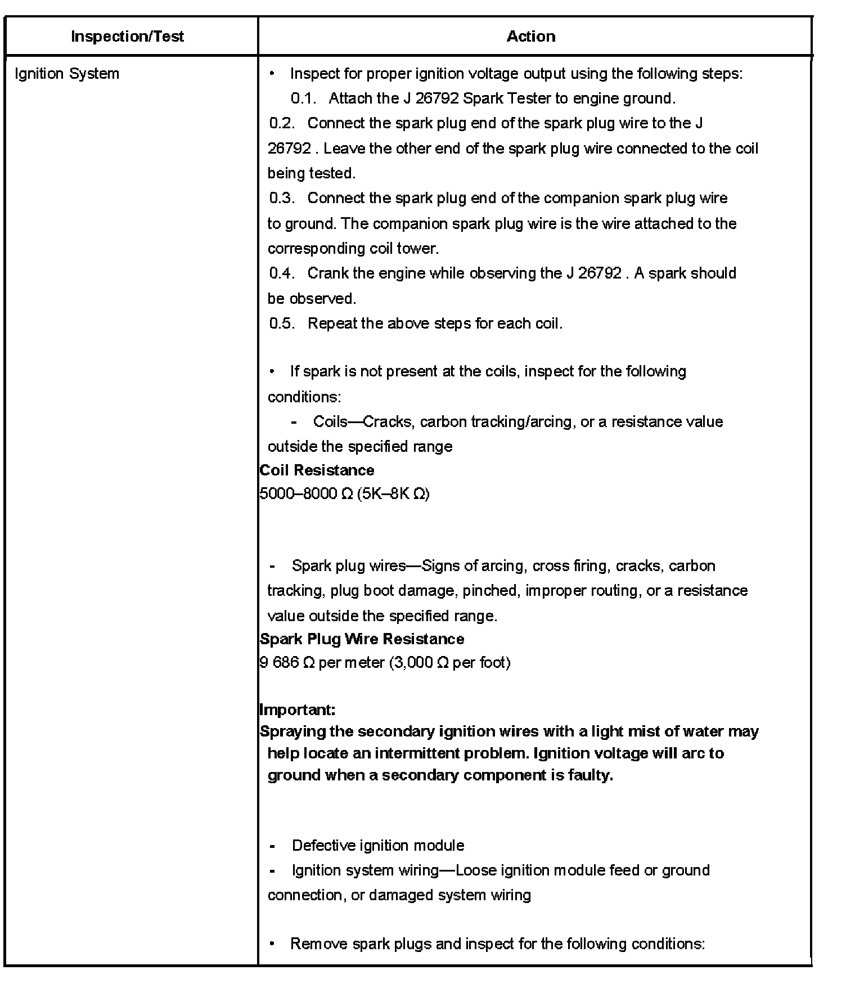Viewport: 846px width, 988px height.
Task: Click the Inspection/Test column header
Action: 127,37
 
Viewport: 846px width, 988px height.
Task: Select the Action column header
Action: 530,37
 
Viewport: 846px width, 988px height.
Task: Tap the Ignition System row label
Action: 67,74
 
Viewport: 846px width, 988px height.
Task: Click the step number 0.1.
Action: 304,98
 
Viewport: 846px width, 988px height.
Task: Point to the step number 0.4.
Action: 282,273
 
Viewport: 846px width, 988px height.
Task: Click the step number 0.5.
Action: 282,324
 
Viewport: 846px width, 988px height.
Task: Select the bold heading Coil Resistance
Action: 317,470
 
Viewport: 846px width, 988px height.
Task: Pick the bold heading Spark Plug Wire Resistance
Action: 362,639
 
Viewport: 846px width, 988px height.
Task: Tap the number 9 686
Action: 279,663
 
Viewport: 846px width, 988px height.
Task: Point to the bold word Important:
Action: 298,709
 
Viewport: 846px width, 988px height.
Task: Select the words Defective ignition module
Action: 378,845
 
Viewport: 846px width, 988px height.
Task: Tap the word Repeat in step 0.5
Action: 332,324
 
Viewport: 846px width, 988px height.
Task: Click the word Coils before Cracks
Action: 330,421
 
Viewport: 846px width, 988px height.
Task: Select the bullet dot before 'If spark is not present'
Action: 272,371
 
